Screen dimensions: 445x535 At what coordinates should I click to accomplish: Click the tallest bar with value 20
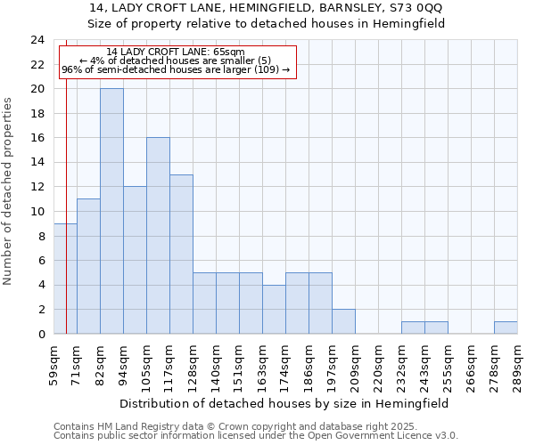click(x=111, y=211)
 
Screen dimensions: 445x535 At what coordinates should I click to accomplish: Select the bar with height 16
click(x=158, y=236)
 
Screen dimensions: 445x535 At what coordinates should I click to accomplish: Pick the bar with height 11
click(x=88, y=266)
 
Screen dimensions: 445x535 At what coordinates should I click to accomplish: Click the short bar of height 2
click(x=343, y=321)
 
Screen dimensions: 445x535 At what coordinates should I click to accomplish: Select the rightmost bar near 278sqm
click(x=506, y=328)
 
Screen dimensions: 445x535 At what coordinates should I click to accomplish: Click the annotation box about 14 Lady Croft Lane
click(x=177, y=61)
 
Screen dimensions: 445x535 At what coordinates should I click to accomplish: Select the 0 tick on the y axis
click(x=41, y=335)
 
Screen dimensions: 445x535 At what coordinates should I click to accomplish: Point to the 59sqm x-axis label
click(x=53, y=364)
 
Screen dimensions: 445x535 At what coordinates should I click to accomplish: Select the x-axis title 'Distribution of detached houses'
click(x=284, y=403)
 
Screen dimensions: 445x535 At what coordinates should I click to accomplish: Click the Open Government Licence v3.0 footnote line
click(x=256, y=436)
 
